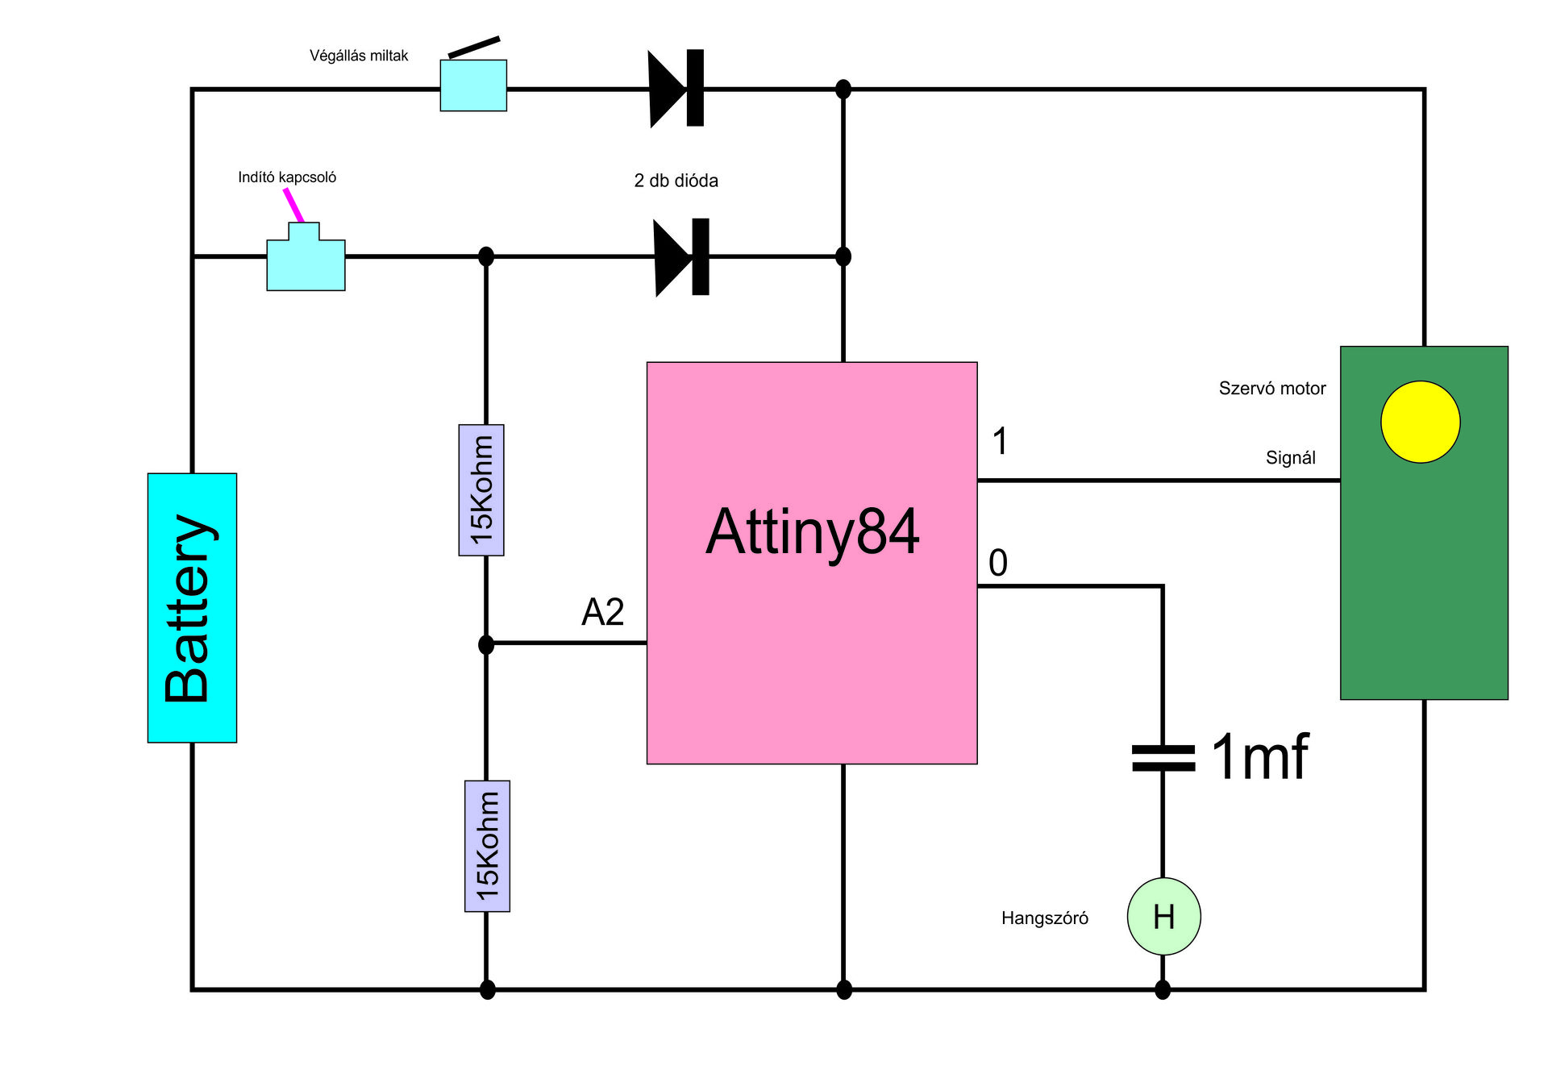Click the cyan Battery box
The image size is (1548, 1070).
pos(192,607)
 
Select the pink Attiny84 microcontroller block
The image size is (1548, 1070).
pos(812,563)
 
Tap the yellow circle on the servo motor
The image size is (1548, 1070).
pos(1420,422)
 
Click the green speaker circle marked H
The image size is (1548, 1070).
pos(1163,917)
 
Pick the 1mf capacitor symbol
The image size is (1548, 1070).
pos(1163,758)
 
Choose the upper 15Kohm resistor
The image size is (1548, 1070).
pos(481,489)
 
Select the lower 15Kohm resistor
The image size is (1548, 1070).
pos(487,846)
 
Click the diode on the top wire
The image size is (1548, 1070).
pos(676,88)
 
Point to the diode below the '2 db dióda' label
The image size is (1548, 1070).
pos(681,256)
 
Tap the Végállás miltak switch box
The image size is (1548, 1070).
pos(473,85)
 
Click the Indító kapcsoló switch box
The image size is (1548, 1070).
pos(306,260)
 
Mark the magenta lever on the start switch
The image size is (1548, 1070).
pos(293,205)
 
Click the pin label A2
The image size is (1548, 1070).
pos(602,612)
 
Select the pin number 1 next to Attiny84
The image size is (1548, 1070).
pos(1000,441)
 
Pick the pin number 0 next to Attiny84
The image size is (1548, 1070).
pos(998,563)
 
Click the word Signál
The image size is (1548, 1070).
pos(1290,458)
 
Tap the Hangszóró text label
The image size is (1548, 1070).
pos(1044,918)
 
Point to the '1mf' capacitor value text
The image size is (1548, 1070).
pos(1259,757)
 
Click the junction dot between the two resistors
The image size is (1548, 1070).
pos(486,644)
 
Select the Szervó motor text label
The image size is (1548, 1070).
pos(1271,389)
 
